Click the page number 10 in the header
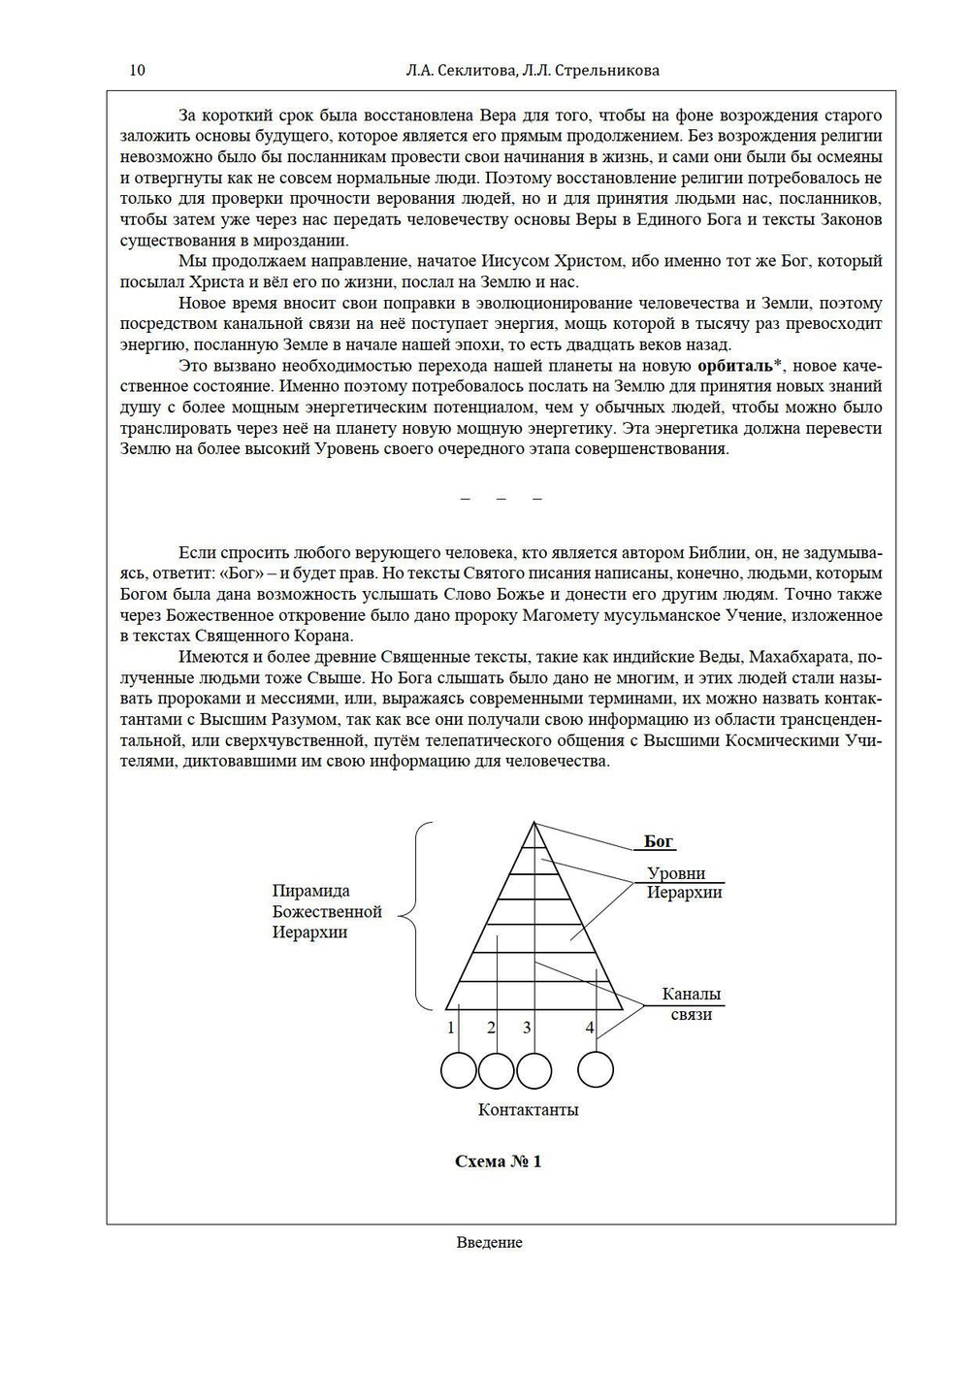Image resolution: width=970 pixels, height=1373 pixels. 137,70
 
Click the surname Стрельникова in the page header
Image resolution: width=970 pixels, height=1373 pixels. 604,70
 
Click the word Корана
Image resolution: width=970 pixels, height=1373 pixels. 327,637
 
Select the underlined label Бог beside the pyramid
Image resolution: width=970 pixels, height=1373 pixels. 659,842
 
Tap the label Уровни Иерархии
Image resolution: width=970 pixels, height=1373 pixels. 683,883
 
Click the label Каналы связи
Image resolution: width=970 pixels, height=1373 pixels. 691,1004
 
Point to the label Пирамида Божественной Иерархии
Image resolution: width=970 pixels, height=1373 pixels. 327,911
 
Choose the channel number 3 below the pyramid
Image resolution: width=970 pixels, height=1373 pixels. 527,1028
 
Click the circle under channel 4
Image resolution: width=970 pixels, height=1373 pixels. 596,1070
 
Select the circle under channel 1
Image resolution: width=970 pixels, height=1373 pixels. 458,1070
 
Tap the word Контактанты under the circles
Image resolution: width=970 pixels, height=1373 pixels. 528,1110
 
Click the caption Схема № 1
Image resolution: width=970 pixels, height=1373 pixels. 499,1161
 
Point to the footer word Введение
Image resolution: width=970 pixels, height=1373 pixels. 489,1243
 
